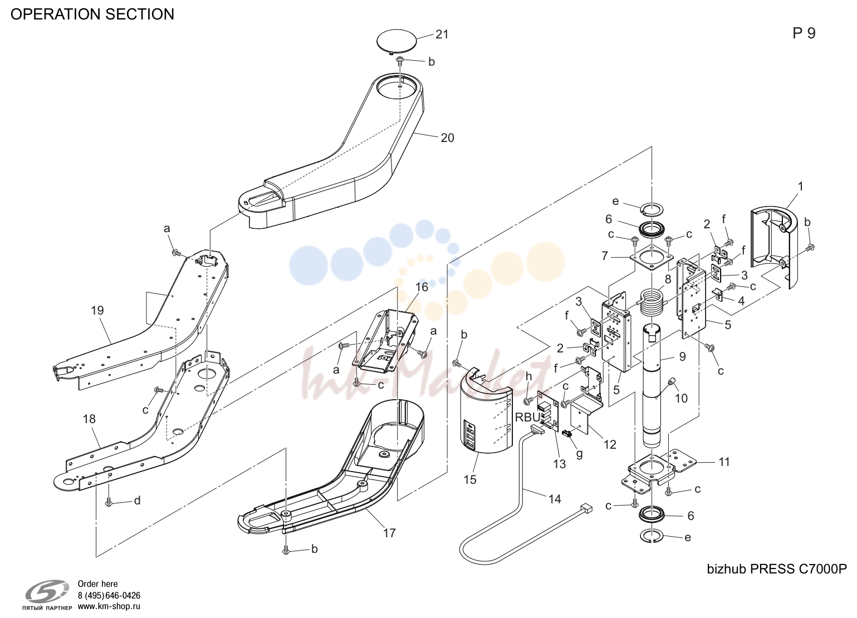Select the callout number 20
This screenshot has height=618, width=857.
(447, 138)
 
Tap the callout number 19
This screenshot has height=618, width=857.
(97, 310)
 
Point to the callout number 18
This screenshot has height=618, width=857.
(89, 419)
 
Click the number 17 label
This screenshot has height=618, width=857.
(389, 533)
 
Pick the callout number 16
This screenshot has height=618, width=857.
(422, 287)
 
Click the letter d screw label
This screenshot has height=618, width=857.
(138, 500)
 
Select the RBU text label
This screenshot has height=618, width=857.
(527, 417)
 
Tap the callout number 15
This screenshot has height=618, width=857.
(470, 479)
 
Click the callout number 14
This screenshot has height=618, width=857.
(555, 499)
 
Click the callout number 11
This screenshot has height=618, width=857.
(724, 462)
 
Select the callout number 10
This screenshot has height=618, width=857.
(681, 399)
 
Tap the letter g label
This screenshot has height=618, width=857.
(580, 454)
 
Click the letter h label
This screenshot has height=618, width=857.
(529, 376)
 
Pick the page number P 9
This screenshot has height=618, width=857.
(804, 33)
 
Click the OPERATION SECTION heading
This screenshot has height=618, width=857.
(92, 14)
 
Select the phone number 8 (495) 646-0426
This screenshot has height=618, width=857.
(109, 595)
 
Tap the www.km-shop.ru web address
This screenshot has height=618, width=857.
(109, 606)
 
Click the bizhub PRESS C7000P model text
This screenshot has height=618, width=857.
(777, 569)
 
